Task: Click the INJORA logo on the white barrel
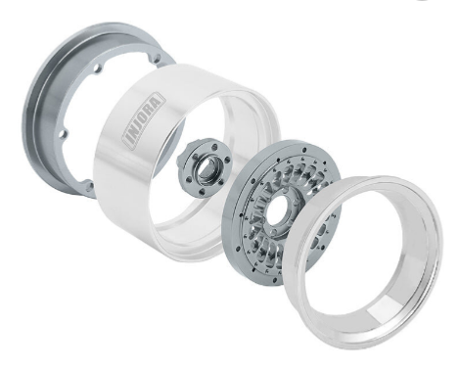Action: (144, 120)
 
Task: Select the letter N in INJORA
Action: (134, 131)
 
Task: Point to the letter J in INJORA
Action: (140, 123)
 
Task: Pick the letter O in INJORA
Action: (146, 116)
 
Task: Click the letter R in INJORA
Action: (152, 109)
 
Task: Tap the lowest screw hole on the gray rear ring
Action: (89, 186)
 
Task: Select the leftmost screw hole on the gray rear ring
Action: (63, 134)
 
